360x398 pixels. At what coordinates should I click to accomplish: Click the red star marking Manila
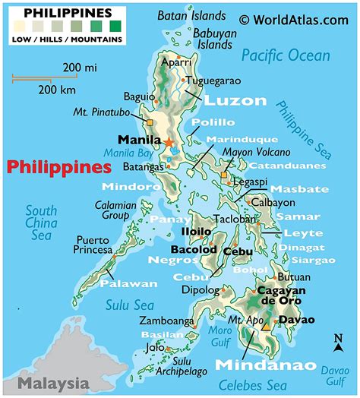[168, 142]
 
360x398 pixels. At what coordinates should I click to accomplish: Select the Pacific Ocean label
[286, 55]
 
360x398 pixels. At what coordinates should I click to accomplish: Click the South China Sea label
[41, 222]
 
